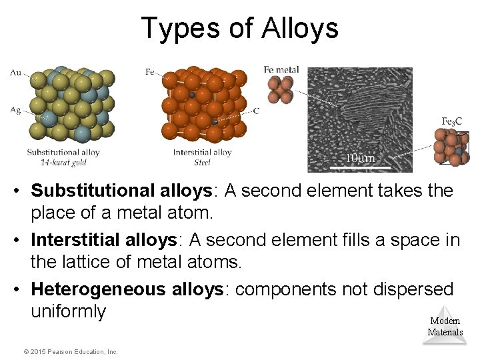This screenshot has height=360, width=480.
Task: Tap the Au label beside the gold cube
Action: point(16,73)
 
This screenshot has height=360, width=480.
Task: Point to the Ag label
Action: point(16,109)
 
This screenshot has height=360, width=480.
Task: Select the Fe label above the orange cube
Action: point(150,71)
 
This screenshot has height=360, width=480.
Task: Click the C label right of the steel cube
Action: point(257,111)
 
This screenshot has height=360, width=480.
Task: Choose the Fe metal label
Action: point(281,69)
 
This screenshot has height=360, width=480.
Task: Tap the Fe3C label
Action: point(451,121)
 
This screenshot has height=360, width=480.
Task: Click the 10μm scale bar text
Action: point(360,158)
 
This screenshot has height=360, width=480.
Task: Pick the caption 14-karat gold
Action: point(63,162)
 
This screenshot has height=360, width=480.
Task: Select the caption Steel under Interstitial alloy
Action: point(202,162)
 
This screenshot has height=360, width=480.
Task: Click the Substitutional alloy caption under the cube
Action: point(63,152)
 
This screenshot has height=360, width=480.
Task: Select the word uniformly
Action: point(68,311)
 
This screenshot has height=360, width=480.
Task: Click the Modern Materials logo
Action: point(445,326)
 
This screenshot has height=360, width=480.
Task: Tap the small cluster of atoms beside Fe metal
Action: point(280,89)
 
